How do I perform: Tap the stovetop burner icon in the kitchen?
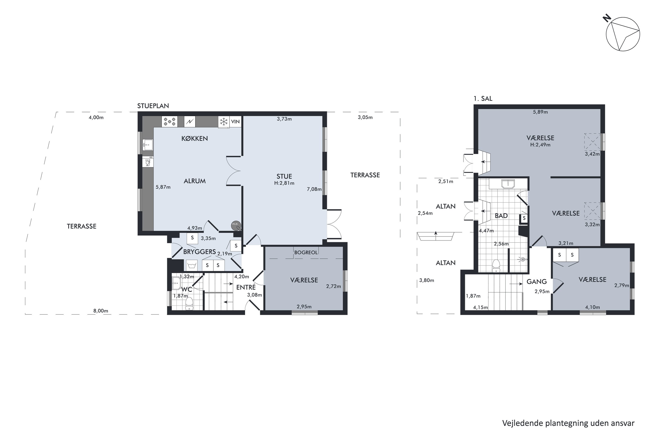click(170, 122)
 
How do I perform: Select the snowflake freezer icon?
click(224, 122)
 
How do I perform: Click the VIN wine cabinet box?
click(235, 122)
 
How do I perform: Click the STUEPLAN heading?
click(153, 106)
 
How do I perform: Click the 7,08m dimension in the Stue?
click(314, 189)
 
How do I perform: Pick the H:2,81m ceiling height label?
click(284, 183)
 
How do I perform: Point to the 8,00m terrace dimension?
click(101, 311)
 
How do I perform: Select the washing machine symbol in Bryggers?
click(192, 265)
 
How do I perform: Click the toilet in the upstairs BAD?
click(496, 266)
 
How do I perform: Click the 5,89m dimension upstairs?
click(540, 112)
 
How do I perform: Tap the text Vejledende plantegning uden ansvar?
click(568, 423)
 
